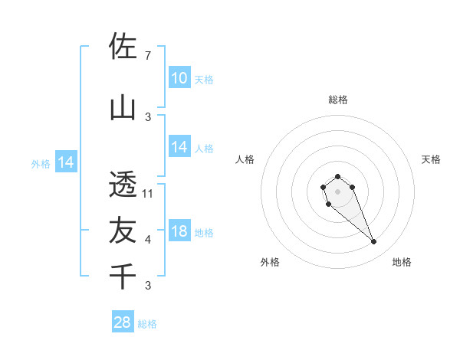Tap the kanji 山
[123, 108]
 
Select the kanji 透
[123, 185]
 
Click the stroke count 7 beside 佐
[147, 56]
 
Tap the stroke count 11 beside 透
[149, 193]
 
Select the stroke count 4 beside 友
[147, 240]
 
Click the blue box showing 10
[179, 77]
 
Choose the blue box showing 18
[179, 231]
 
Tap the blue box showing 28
[123, 322]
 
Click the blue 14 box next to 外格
[66, 162]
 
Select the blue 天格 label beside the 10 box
[204, 79]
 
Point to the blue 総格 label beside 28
[147, 324]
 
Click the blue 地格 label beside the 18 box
[204, 233]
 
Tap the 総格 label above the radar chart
[337, 100]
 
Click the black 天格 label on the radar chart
[431, 159]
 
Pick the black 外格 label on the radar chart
[270, 262]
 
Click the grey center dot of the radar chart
[337, 191]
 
